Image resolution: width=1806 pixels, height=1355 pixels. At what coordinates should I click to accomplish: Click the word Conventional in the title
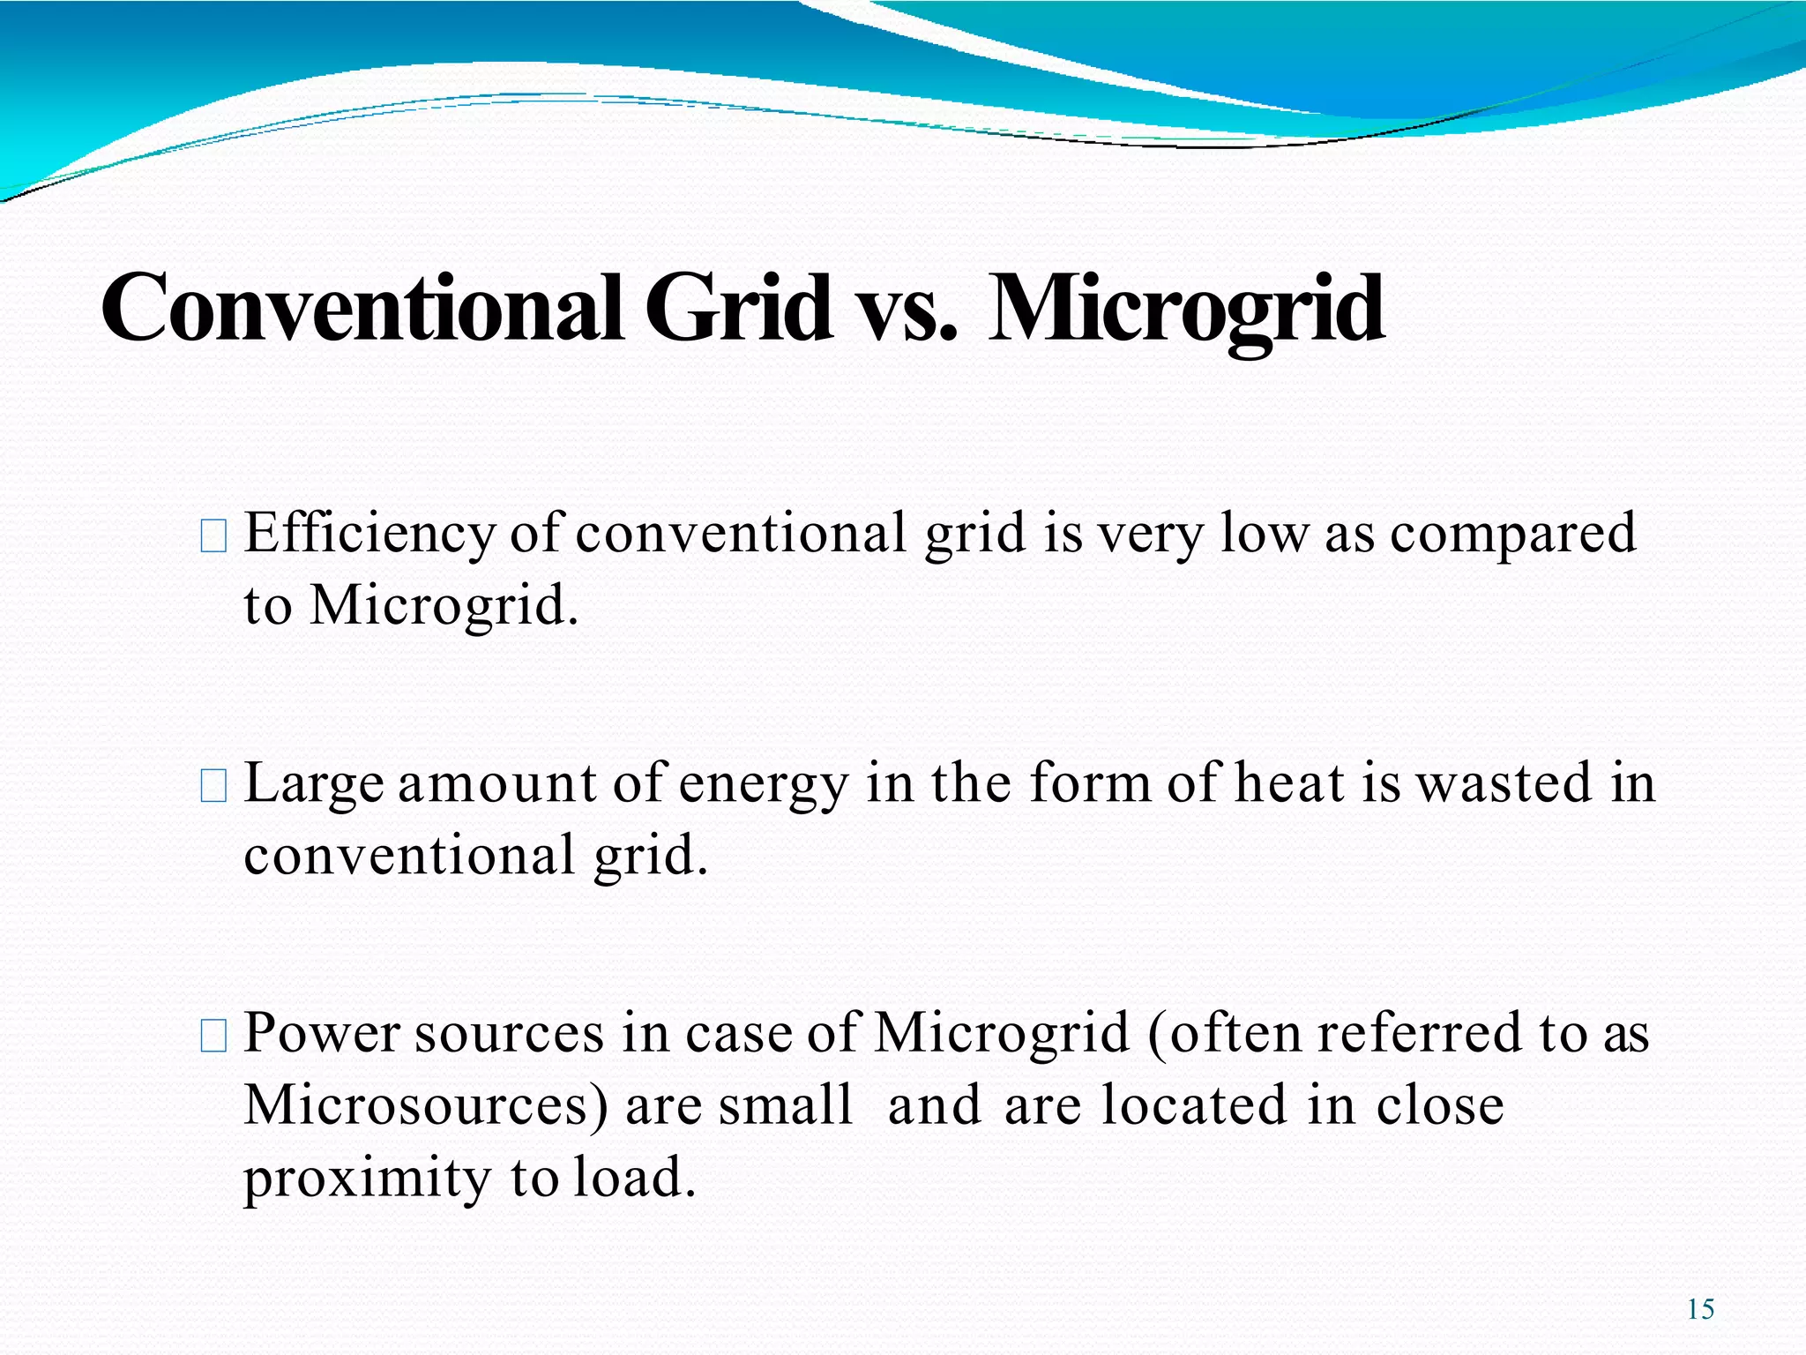point(362,308)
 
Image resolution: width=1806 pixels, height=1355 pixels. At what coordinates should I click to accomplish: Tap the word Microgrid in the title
point(1185,310)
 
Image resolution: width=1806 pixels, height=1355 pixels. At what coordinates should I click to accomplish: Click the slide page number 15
point(1700,1309)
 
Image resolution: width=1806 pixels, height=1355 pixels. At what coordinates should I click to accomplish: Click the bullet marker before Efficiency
point(214,536)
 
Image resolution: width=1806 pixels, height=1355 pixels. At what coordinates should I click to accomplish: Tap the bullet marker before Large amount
point(214,785)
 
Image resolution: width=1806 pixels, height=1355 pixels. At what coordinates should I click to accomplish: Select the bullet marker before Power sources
point(214,1035)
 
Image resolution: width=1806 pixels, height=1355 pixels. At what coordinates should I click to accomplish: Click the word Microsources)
point(426,1106)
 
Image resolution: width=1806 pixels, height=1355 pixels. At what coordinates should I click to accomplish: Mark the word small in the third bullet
point(785,1104)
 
